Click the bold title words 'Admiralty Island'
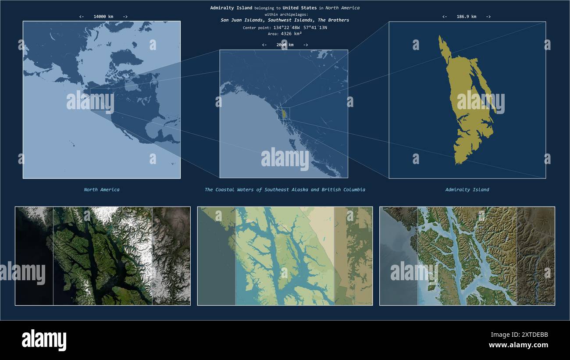[x=231, y=8]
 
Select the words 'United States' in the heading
[x=299, y=8]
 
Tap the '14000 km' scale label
[x=103, y=17]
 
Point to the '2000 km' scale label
[x=285, y=45]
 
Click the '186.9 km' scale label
[x=466, y=17]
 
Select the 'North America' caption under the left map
[x=102, y=190]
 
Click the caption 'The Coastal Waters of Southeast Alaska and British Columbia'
[x=285, y=190]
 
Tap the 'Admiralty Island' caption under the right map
[x=467, y=190]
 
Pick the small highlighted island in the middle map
[x=284, y=114]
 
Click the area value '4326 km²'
[x=291, y=33]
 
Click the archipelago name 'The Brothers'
[x=333, y=20]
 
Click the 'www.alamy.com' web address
[x=518, y=345]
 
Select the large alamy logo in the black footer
[x=44, y=340]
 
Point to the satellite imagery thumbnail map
[x=103, y=256]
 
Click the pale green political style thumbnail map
[x=285, y=256]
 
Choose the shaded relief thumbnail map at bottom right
[x=467, y=256]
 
